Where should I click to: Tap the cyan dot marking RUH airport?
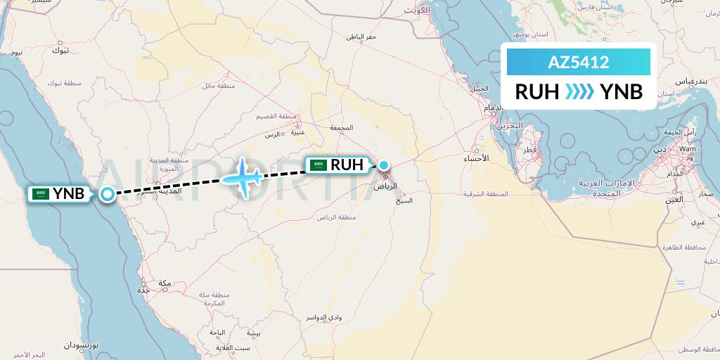pos(384,165)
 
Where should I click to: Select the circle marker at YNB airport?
pos(107,194)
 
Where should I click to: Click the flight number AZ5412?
pos(578,63)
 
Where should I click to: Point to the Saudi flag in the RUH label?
pos(319,165)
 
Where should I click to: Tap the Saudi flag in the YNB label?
pos(41,193)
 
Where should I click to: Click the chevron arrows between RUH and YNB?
pos(580,91)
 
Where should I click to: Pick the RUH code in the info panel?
pos(537,91)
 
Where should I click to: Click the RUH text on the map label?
pos(348,165)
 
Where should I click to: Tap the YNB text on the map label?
pos(68,193)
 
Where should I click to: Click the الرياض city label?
pos(385,187)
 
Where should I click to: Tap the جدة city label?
pos(145,289)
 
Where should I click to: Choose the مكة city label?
pos(166,283)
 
